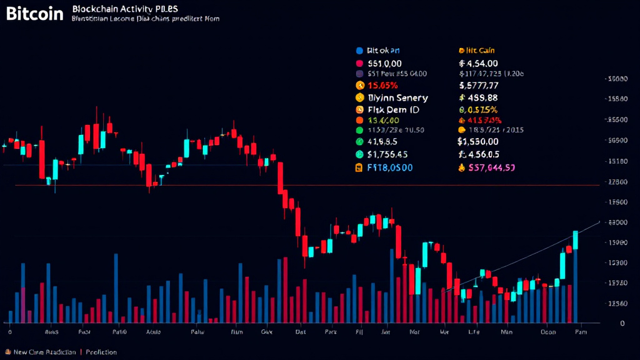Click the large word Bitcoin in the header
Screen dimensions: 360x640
click(x=35, y=14)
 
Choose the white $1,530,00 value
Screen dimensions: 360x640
click(x=487, y=141)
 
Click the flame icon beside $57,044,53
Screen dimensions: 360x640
click(x=462, y=167)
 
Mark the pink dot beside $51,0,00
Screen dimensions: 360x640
click(x=359, y=64)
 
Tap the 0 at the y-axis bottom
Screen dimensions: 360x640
click(x=622, y=323)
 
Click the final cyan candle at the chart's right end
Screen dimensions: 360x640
click(x=575, y=240)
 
